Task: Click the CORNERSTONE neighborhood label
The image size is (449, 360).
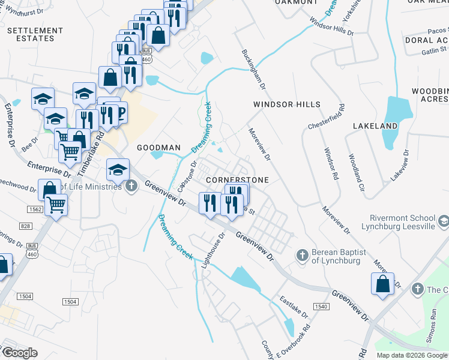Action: [237, 180]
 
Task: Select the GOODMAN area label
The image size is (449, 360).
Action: [159, 148]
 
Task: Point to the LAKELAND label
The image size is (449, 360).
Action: [376, 126]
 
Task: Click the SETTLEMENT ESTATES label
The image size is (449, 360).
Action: [35, 34]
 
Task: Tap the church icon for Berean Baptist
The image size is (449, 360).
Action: [303, 255]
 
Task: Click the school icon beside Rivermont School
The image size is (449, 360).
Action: [443, 222]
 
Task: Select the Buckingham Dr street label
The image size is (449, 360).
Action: [253, 69]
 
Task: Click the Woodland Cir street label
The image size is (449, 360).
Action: [357, 172]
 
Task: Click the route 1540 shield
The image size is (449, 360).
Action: [321, 307]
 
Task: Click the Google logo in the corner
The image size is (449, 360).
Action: [19, 352]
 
